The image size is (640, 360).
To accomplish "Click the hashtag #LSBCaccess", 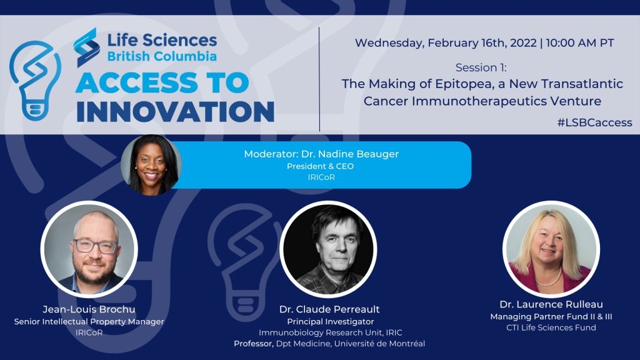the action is (x=595, y=122).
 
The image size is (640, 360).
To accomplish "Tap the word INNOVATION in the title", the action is (x=176, y=111).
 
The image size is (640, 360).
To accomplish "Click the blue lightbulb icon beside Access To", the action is (x=35, y=81).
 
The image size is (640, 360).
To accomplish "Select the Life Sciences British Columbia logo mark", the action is (x=86, y=47).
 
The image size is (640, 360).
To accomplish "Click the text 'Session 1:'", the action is (x=481, y=67).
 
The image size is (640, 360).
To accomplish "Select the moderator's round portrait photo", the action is (x=151, y=165).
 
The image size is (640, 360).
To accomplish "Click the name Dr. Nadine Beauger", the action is (x=350, y=154).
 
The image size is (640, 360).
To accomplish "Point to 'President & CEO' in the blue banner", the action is (x=321, y=166).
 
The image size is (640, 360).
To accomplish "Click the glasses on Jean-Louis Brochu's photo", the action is (x=96, y=246).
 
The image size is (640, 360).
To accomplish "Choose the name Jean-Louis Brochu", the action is (x=89, y=309).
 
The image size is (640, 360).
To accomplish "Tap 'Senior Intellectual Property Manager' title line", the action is (x=89, y=322).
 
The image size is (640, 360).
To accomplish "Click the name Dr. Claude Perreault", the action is (x=329, y=309).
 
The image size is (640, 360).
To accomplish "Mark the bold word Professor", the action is (x=254, y=344).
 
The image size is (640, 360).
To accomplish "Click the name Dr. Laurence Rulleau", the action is (x=551, y=304).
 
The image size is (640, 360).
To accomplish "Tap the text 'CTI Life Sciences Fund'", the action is (x=551, y=327).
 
